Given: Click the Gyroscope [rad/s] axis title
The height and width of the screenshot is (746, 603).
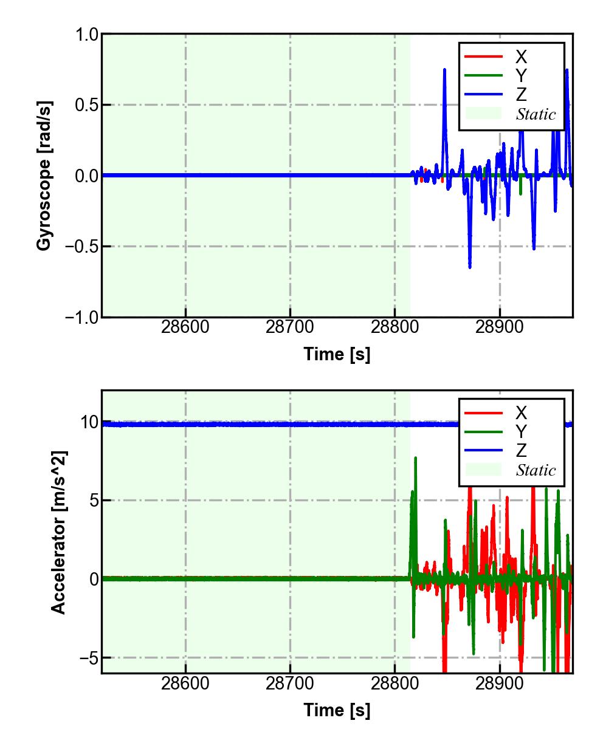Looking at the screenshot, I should coord(44,175).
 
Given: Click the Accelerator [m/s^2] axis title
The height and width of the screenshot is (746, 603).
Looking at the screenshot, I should coord(58,532).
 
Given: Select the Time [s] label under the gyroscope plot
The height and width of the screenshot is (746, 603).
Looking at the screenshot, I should coord(337,354).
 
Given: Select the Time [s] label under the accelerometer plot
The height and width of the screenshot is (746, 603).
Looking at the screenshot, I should coord(337,710).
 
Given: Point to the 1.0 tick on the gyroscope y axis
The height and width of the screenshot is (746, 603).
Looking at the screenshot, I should coord(87,35).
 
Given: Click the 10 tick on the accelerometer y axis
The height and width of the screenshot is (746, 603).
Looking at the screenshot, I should coord(90,422).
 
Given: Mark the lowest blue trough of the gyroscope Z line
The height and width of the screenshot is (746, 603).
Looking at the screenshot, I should coord(470,267).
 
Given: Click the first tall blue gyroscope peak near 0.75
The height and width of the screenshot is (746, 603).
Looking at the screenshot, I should coord(444,70).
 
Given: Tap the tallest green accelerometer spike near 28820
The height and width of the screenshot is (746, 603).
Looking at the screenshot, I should coord(416,458).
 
